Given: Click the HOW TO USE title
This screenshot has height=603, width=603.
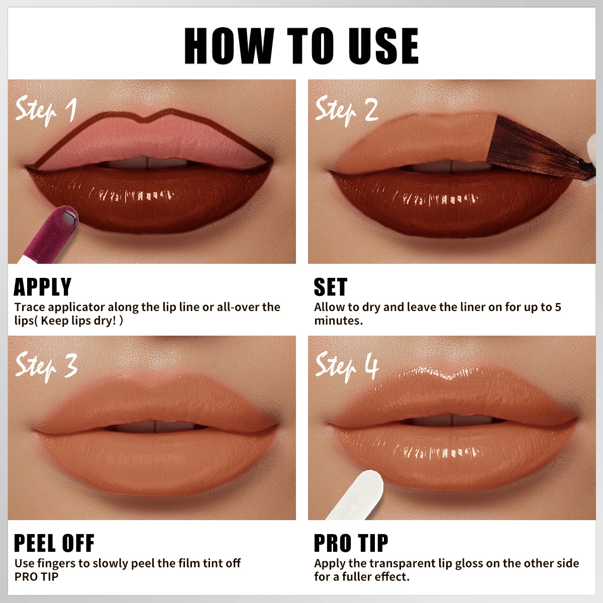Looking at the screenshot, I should (x=301, y=46).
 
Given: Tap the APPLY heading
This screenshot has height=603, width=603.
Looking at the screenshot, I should (x=43, y=287).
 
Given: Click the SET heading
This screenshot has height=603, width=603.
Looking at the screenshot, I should (x=330, y=287).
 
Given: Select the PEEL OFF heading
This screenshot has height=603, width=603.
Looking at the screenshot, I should (x=54, y=543).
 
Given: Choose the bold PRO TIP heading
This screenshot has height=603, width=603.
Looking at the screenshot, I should (x=351, y=543).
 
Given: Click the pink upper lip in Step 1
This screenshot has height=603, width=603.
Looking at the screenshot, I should (x=151, y=141).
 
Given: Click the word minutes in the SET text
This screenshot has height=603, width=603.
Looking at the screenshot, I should (x=338, y=321).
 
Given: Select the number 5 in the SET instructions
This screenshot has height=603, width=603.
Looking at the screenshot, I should (x=558, y=307).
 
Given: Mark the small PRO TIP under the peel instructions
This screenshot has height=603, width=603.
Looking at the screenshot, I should (x=36, y=577).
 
